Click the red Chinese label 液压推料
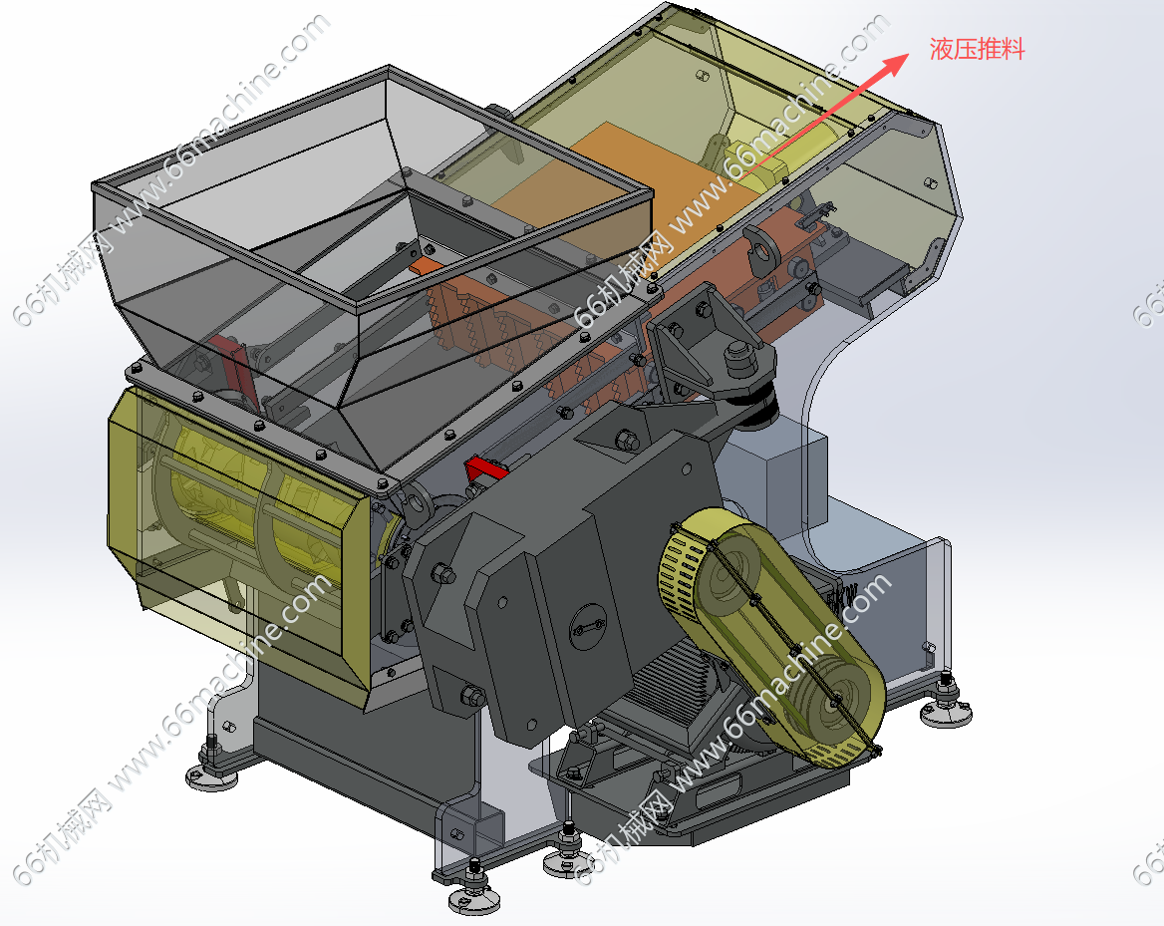(x=977, y=49)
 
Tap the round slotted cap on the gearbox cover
(x=588, y=628)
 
